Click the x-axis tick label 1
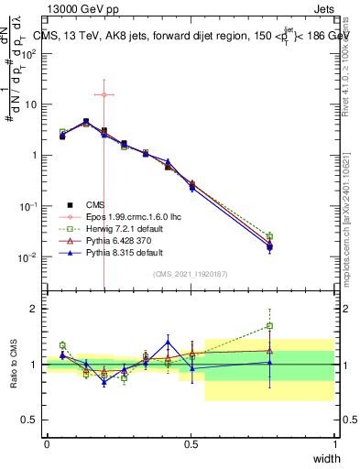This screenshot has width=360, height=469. pos(334,444)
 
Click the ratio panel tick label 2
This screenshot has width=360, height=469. pos(35,309)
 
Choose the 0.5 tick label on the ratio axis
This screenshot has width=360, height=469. pos(32,420)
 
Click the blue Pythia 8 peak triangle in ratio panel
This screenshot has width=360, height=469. pos(168,342)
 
